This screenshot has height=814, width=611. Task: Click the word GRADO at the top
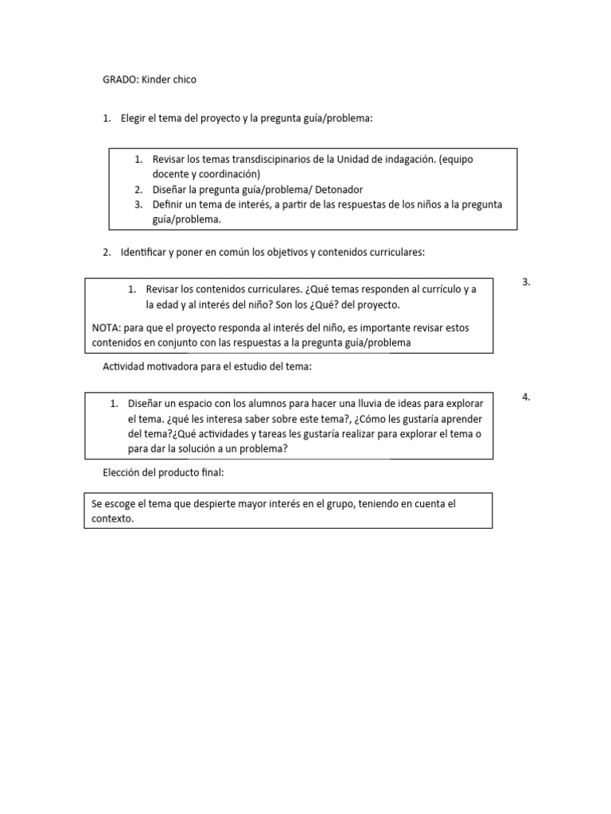119,79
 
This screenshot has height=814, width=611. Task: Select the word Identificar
145,252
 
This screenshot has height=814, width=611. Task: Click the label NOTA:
107,327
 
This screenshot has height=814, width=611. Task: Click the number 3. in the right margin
527,281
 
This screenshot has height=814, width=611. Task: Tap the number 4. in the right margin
527,397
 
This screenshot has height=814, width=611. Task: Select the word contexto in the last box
112,518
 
